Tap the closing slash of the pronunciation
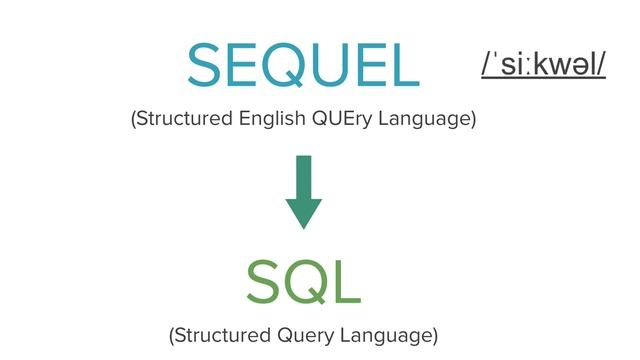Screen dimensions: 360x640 tap(602, 64)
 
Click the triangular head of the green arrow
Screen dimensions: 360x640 tap(303, 212)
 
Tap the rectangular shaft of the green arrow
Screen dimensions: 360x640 tap(303, 175)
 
